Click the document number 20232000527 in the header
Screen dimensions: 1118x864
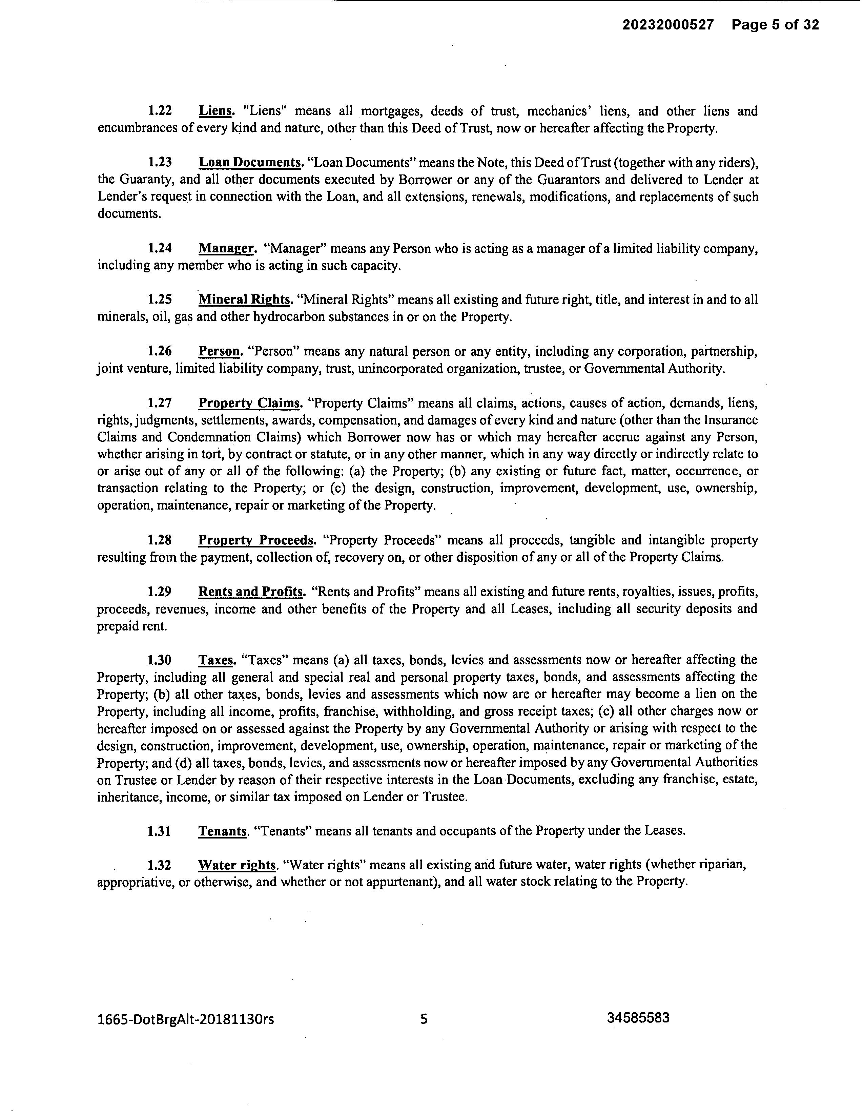[668, 25]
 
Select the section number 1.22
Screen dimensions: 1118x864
[160, 111]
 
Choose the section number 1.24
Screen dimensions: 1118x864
[160, 249]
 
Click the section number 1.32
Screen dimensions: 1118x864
[159, 865]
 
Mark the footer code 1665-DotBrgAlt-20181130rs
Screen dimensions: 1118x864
[185, 1019]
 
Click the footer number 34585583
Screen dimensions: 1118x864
[638, 1018]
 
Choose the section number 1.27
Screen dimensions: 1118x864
[160, 403]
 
